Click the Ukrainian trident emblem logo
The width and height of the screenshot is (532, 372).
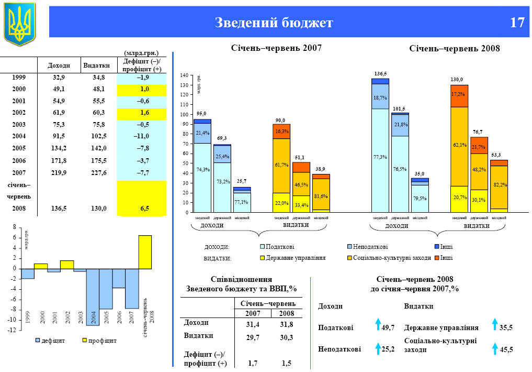tap(20, 23)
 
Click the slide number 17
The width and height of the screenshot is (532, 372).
tap(517, 23)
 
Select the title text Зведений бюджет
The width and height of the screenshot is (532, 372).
tap(274, 23)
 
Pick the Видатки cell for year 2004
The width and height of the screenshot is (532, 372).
tap(97, 136)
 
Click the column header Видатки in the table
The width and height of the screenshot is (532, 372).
tap(97, 65)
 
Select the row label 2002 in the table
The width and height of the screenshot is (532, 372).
tap(19, 112)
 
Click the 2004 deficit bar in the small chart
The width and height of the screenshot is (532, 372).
tap(93, 297)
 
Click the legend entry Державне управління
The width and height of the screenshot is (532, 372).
tap(296, 258)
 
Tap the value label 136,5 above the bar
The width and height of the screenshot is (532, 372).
tap(380, 73)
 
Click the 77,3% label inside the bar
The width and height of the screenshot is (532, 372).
tap(380, 157)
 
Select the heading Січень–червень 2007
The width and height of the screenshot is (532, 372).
tap(276, 48)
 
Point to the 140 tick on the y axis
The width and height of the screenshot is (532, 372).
tap(184, 75)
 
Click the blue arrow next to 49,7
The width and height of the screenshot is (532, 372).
tap(378, 325)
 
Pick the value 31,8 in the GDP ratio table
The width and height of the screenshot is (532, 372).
tap(287, 324)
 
